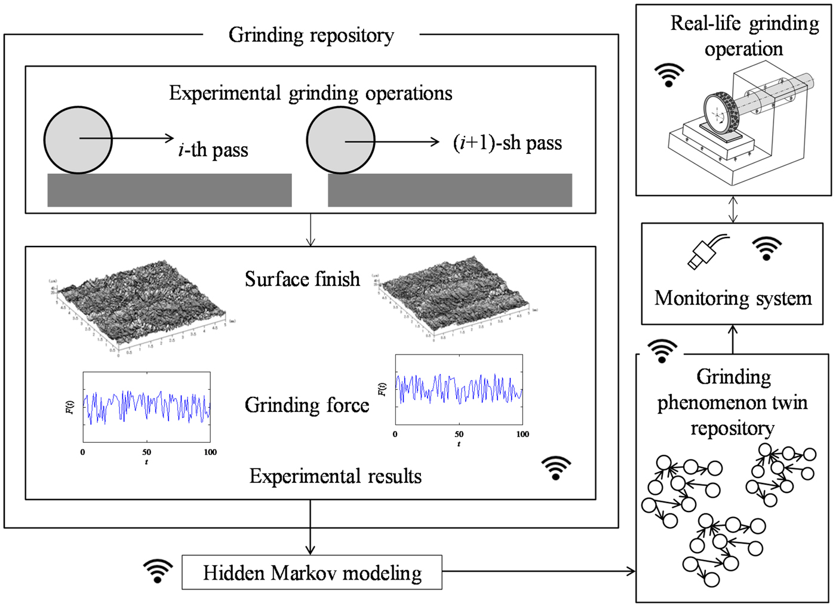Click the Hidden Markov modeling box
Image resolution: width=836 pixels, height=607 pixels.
[x=312, y=572]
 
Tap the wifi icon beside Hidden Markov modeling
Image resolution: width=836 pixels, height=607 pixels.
[x=158, y=571]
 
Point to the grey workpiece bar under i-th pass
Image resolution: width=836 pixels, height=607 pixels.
[x=170, y=190]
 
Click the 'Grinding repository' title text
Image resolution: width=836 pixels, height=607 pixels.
[x=311, y=35]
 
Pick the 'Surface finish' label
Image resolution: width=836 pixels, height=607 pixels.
[x=302, y=279]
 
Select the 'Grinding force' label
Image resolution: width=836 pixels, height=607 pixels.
[x=307, y=405]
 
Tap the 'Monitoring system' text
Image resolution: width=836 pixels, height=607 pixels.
[x=733, y=298]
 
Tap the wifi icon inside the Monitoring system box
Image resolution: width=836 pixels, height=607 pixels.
[x=767, y=248]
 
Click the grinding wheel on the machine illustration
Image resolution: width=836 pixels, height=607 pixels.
[x=719, y=113]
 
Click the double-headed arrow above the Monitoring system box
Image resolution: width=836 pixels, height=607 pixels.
[x=733, y=209]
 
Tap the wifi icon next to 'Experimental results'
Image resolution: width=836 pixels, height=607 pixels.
[x=556, y=469]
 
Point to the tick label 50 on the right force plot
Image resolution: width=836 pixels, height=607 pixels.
[x=459, y=435]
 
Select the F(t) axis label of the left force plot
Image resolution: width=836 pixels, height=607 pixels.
[x=69, y=407]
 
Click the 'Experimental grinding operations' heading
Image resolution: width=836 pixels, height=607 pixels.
[x=311, y=93]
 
